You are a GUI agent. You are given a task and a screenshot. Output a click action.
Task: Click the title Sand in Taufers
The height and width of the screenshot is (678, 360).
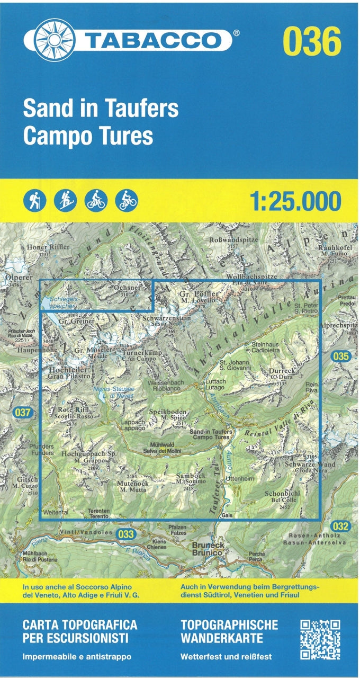101,109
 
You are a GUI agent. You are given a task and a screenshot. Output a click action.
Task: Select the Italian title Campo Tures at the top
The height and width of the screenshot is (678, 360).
88,136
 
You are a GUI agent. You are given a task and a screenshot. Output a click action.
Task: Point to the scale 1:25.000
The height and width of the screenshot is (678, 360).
295,201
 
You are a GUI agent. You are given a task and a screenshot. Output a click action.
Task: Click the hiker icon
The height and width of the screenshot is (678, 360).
35,200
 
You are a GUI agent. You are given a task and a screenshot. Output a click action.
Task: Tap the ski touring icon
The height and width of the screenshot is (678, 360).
66,200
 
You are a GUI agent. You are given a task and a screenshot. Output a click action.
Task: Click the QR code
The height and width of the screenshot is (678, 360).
320,639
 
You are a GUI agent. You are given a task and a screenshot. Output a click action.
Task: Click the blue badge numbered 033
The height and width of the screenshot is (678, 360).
126,534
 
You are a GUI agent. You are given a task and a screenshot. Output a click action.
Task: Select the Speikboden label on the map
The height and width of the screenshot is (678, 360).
168,412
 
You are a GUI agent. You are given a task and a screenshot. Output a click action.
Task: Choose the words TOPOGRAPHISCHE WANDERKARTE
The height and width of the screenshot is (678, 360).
229,631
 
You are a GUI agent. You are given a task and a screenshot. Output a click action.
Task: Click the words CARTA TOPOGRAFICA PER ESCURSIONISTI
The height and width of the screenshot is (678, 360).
79,631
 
